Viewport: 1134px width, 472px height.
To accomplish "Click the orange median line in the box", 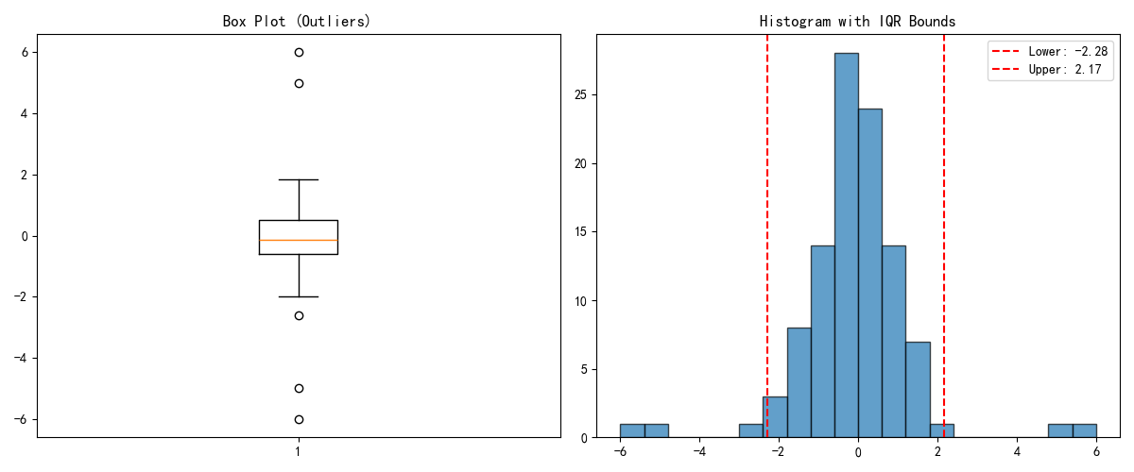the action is pos(299,241).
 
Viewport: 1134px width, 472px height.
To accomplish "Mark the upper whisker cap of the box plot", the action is pos(299,179).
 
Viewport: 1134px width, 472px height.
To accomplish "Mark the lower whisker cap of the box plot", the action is pos(299,297).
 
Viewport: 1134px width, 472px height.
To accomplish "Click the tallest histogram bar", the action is pos(847,245).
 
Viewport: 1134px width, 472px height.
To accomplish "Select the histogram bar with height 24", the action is pos(870,273).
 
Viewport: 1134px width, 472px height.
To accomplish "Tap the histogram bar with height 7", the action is pos(918,390).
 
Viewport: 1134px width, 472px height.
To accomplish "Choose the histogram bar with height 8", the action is pos(799,383).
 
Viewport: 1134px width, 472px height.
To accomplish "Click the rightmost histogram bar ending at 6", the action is pos(1085,431).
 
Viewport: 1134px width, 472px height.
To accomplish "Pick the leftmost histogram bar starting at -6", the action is pos(632,431).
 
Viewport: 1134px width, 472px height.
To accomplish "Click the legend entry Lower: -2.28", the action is pos(1050,51).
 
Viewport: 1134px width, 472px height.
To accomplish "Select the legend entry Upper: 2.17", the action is pos(1046,69).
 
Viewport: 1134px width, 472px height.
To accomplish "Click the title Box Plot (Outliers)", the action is pos(297,22).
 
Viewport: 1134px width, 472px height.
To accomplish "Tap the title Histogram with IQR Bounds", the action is pos(858,22).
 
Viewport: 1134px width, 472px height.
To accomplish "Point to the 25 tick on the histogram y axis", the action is pos(581,95).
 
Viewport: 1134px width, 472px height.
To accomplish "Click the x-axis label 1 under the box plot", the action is pos(299,451).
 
